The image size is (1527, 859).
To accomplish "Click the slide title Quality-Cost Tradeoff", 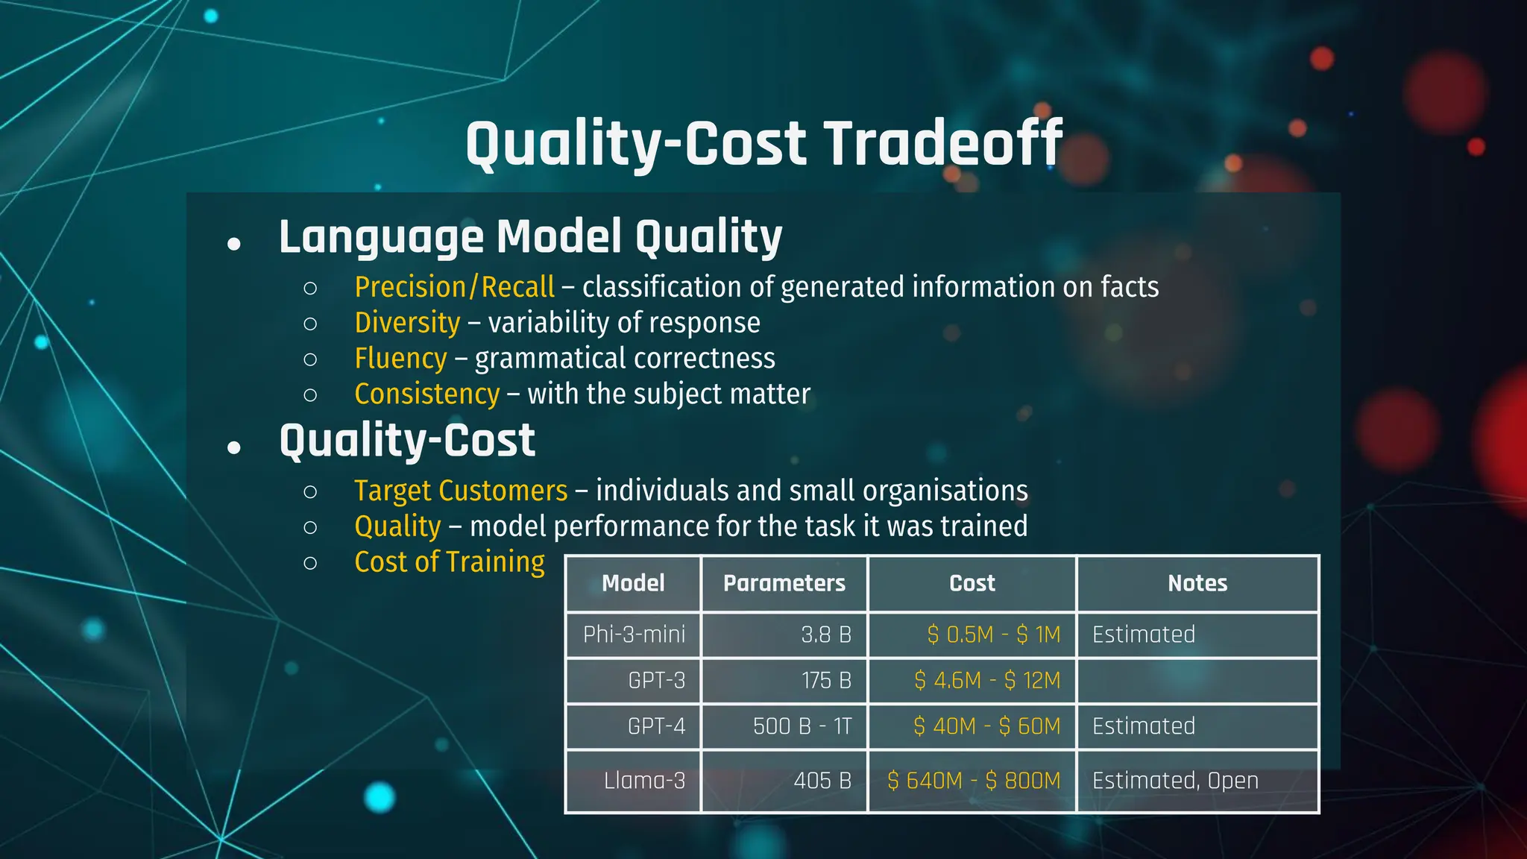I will [x=763, y=143].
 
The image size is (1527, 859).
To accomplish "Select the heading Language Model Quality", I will [x=530, y=237].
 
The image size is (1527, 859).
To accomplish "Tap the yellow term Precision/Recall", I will [x=454, y=287].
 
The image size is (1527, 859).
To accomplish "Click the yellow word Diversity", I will [x=407, y=323].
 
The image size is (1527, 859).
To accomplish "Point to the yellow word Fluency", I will [x=400, y=359].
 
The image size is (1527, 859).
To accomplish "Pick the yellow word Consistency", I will [x=426, y=394].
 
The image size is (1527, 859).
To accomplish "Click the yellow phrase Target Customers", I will [x=461, y=491].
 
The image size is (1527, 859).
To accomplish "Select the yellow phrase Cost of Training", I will [x=450, y=562].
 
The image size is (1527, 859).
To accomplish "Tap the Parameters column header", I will [x=784, y=583].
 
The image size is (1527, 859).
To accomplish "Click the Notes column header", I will [x=1197, y=583].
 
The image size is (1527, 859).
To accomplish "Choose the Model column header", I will [x=633, y=583].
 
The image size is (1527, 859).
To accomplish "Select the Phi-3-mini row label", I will [x=634, y=635].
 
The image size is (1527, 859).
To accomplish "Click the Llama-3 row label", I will [x=644, y=781].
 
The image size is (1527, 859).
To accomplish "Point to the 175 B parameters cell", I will [x=826, y=681].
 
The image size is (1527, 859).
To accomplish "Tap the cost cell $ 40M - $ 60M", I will [x=986, y=726].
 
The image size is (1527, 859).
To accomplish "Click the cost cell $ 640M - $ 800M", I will [x=974, y=781].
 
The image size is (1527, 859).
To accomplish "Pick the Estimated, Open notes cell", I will [x=1175, y=781].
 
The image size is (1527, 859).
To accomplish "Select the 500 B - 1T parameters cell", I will [x=802, y=726].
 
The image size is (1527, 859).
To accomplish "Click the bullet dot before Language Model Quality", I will [x=234, y=244].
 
